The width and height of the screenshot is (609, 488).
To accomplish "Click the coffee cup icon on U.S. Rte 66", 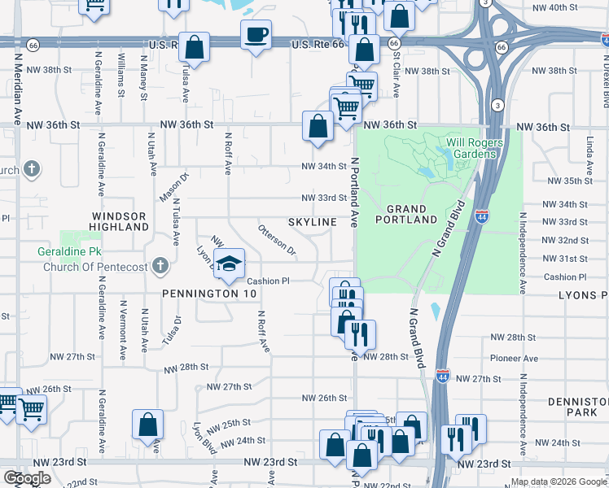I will pos(256,35).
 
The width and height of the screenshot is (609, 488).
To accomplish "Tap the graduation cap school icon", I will pos(230,263).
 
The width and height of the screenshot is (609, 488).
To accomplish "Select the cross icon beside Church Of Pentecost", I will pos(160,265).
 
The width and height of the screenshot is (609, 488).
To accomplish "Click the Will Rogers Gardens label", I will pos(474,149).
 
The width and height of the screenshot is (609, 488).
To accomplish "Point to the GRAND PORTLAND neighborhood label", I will pos(406,214).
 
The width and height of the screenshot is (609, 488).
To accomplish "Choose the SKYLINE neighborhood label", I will pos(312,222).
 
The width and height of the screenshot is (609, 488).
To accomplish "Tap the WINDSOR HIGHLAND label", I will pos(118,222).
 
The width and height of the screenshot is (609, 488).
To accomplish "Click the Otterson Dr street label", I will pos(278,240).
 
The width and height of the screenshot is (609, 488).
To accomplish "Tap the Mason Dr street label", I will pos(174,185).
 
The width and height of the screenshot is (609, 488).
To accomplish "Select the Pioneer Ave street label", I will pos(514,359).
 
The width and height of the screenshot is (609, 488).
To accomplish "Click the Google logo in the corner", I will pos(27,477).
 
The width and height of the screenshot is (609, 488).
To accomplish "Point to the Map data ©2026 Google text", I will pos(559,482).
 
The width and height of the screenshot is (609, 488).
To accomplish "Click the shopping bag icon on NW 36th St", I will pos(317,126).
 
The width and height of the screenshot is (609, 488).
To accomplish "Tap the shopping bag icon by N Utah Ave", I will pos(147,424).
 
